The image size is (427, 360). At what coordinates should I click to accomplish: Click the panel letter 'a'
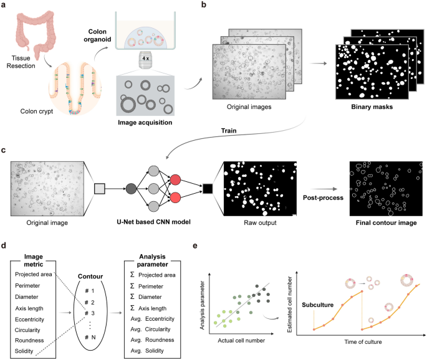click(4, 5)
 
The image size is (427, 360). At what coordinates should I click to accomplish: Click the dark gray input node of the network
click(131, 186)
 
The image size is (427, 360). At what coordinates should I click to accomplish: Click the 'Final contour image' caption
click(383, 222)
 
